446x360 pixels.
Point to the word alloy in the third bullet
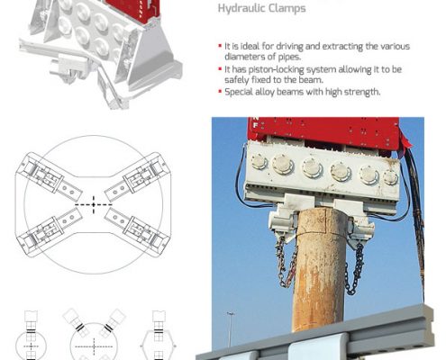click(265, 92)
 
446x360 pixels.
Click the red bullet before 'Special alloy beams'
click(220, 91)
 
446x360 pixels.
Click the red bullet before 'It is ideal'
click(220, 46)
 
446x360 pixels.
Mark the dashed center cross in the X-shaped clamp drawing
click(94, 204)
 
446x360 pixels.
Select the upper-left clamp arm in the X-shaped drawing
click(49, 176)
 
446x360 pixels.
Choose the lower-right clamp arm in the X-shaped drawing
click(138, 232)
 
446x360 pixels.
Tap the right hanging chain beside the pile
click(354, 269)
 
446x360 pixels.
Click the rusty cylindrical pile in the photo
click(321, 270)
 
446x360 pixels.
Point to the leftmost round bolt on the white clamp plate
click(259, 161)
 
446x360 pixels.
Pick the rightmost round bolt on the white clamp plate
click(390, 177)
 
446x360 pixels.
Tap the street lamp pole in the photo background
click(231, 329)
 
